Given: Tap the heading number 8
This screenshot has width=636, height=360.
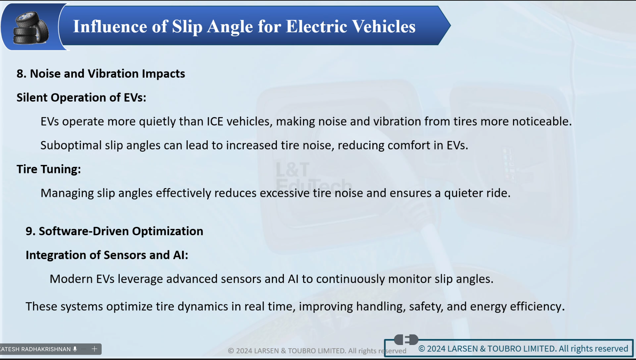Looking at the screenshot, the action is pos(21,74).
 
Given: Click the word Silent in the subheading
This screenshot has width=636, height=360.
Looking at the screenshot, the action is pos(32,98).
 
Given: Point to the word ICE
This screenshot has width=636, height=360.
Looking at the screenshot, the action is pos(215,121).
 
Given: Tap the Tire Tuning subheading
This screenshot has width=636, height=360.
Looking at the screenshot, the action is pos(49,169).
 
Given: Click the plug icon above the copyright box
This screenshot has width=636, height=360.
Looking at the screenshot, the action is pos(406,339).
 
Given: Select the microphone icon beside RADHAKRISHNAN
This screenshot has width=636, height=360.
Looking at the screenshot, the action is pos(75,349).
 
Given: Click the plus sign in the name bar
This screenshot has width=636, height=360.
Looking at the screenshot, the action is pos(94,349).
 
